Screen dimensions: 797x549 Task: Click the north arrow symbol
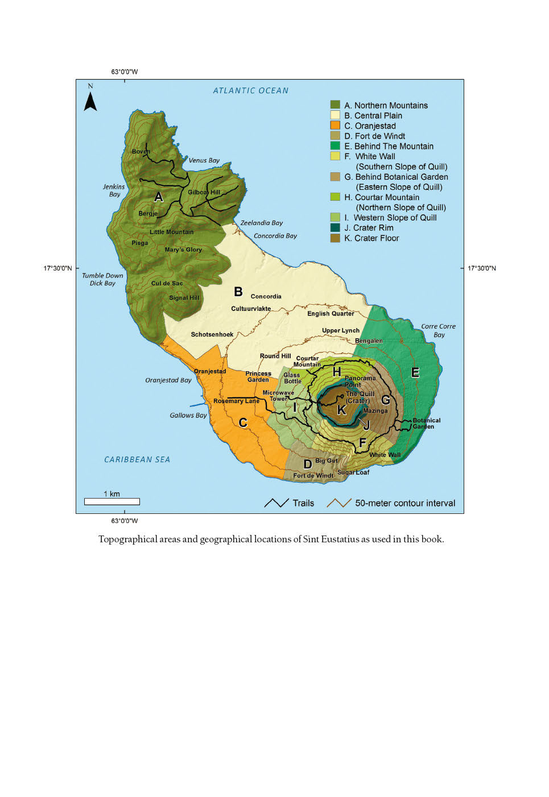[90, 101]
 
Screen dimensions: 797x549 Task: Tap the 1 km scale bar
[112, 501]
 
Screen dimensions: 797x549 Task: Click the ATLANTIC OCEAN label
[251, 90]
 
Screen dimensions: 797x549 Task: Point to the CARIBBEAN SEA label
[137, 459]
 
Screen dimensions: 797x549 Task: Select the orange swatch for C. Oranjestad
[335, 126]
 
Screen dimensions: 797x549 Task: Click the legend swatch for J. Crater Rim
[335, 228]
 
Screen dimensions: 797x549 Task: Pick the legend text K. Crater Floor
[371, 238]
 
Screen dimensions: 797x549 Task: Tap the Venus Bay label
[204, 160]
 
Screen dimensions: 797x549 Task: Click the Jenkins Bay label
[114, 190]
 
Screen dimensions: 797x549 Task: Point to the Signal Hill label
[184, 298]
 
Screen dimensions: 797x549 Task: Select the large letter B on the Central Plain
[238, 292]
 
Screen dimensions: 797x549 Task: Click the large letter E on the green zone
[415, 373]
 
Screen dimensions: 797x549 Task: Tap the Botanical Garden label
[427, 424]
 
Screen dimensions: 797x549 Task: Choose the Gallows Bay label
[188, 416]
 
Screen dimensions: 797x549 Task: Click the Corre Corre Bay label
[439, 330]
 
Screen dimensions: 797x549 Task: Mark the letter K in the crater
[341, 410]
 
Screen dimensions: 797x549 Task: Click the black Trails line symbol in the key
[276, 503]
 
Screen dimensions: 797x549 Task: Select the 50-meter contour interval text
[405, 503]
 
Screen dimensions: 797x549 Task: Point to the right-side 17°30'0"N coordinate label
[481, 268]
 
